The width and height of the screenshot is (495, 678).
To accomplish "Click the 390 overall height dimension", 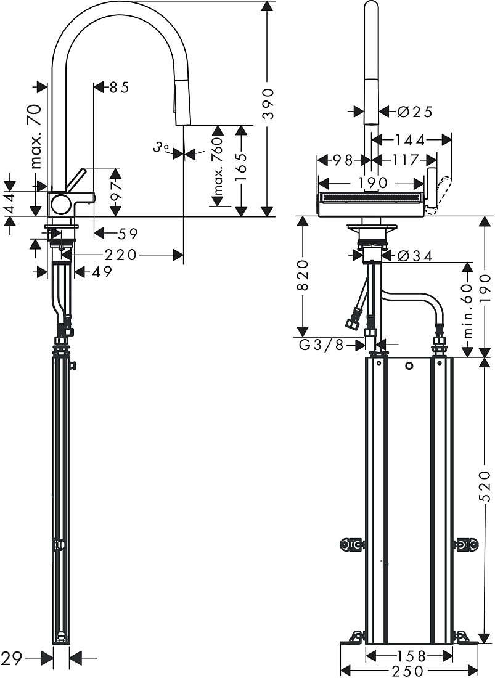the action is point(269,104).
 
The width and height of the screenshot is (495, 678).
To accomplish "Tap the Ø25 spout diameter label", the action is point(415,112).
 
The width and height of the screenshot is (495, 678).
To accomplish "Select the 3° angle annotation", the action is point(160,148).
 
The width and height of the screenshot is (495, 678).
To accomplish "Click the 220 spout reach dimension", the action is point(120,255).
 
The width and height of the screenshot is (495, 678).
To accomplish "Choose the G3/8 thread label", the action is point(321,345).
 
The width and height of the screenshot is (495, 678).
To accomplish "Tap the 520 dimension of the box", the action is point(486,487).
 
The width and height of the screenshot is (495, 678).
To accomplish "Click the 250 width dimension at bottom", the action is point(408,671).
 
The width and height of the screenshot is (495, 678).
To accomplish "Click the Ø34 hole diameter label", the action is point(415,256).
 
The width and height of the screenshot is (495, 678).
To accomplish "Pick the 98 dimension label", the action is point(345,160).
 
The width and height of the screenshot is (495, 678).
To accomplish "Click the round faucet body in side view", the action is point(60,204).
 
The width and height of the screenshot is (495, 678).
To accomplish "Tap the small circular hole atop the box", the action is point(409,366).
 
